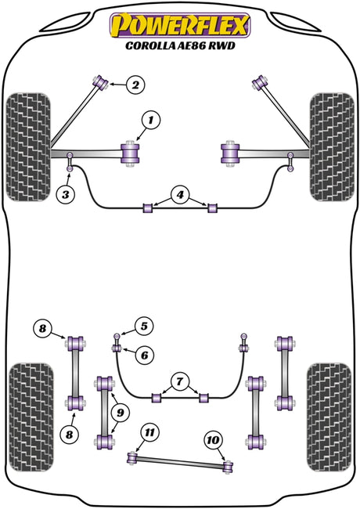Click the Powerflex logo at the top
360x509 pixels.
pos(180,25)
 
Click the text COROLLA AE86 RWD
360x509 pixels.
pos(180,45)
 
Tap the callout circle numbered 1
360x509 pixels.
pos(151,121)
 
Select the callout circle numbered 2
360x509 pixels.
pos(135,85)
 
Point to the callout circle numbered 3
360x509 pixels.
pos(66,194)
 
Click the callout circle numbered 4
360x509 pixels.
pos(180,195)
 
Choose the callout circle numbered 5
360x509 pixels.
pos(144,326)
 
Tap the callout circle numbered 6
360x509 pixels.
pos(144,356)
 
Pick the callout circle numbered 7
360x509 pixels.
pos(180,381)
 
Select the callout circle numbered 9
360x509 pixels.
pos(121,413)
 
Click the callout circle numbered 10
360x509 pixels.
pos(214,440)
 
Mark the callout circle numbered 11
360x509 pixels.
pos(149,432)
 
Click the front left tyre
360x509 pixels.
pos(28,147)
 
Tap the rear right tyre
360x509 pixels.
pos(329,417)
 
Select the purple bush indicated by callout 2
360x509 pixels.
pos(101,82)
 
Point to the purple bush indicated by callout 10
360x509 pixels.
pos(229,467)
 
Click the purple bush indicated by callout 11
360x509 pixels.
pos(132,458)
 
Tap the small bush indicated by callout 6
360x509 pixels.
pos(117,348)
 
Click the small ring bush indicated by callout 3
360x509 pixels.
pos(70,168)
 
